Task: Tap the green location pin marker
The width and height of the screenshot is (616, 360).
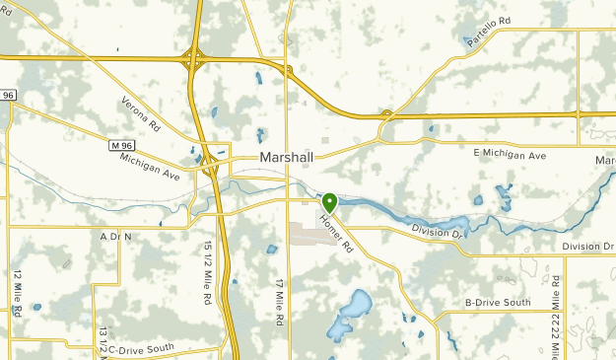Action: (x=329, y=202)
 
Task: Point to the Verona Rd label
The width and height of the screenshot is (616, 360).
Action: (x=140, y=114)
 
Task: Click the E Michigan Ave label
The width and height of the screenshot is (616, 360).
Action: (x=510, y=155)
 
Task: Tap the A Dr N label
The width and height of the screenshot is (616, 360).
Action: (x=115, y=237)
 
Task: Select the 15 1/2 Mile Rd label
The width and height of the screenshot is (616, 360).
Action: (x=208, y=272)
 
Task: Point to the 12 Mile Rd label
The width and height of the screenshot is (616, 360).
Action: (x=18, y=293)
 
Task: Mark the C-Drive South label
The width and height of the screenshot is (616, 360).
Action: (x=141, y=347)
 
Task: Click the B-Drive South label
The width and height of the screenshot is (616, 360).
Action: (x=498, y=302)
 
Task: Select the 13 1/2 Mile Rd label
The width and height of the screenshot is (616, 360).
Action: (x=103, y=340)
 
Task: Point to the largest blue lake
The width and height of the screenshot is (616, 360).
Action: (x=351, y=314)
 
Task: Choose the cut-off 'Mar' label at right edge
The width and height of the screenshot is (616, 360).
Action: (x=603, y=160)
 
